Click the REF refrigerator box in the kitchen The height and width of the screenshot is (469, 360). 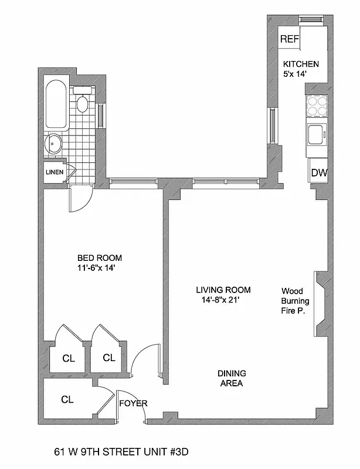pos(290,40)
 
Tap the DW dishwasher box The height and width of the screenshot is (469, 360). pos(319,172)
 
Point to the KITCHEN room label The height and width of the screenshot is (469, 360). pos(301,64)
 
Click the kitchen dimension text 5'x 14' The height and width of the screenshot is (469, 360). pos(295,74)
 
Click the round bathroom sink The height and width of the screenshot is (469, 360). pos(55,142)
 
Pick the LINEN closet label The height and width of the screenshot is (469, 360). pos(55,172)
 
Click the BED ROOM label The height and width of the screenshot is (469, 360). pos(100,257)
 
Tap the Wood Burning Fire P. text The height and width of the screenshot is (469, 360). pos(296,301)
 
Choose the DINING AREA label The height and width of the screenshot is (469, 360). pos(231,378)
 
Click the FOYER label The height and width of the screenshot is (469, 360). pos(133,403)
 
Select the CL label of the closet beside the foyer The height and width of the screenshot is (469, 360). pos(67,400)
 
